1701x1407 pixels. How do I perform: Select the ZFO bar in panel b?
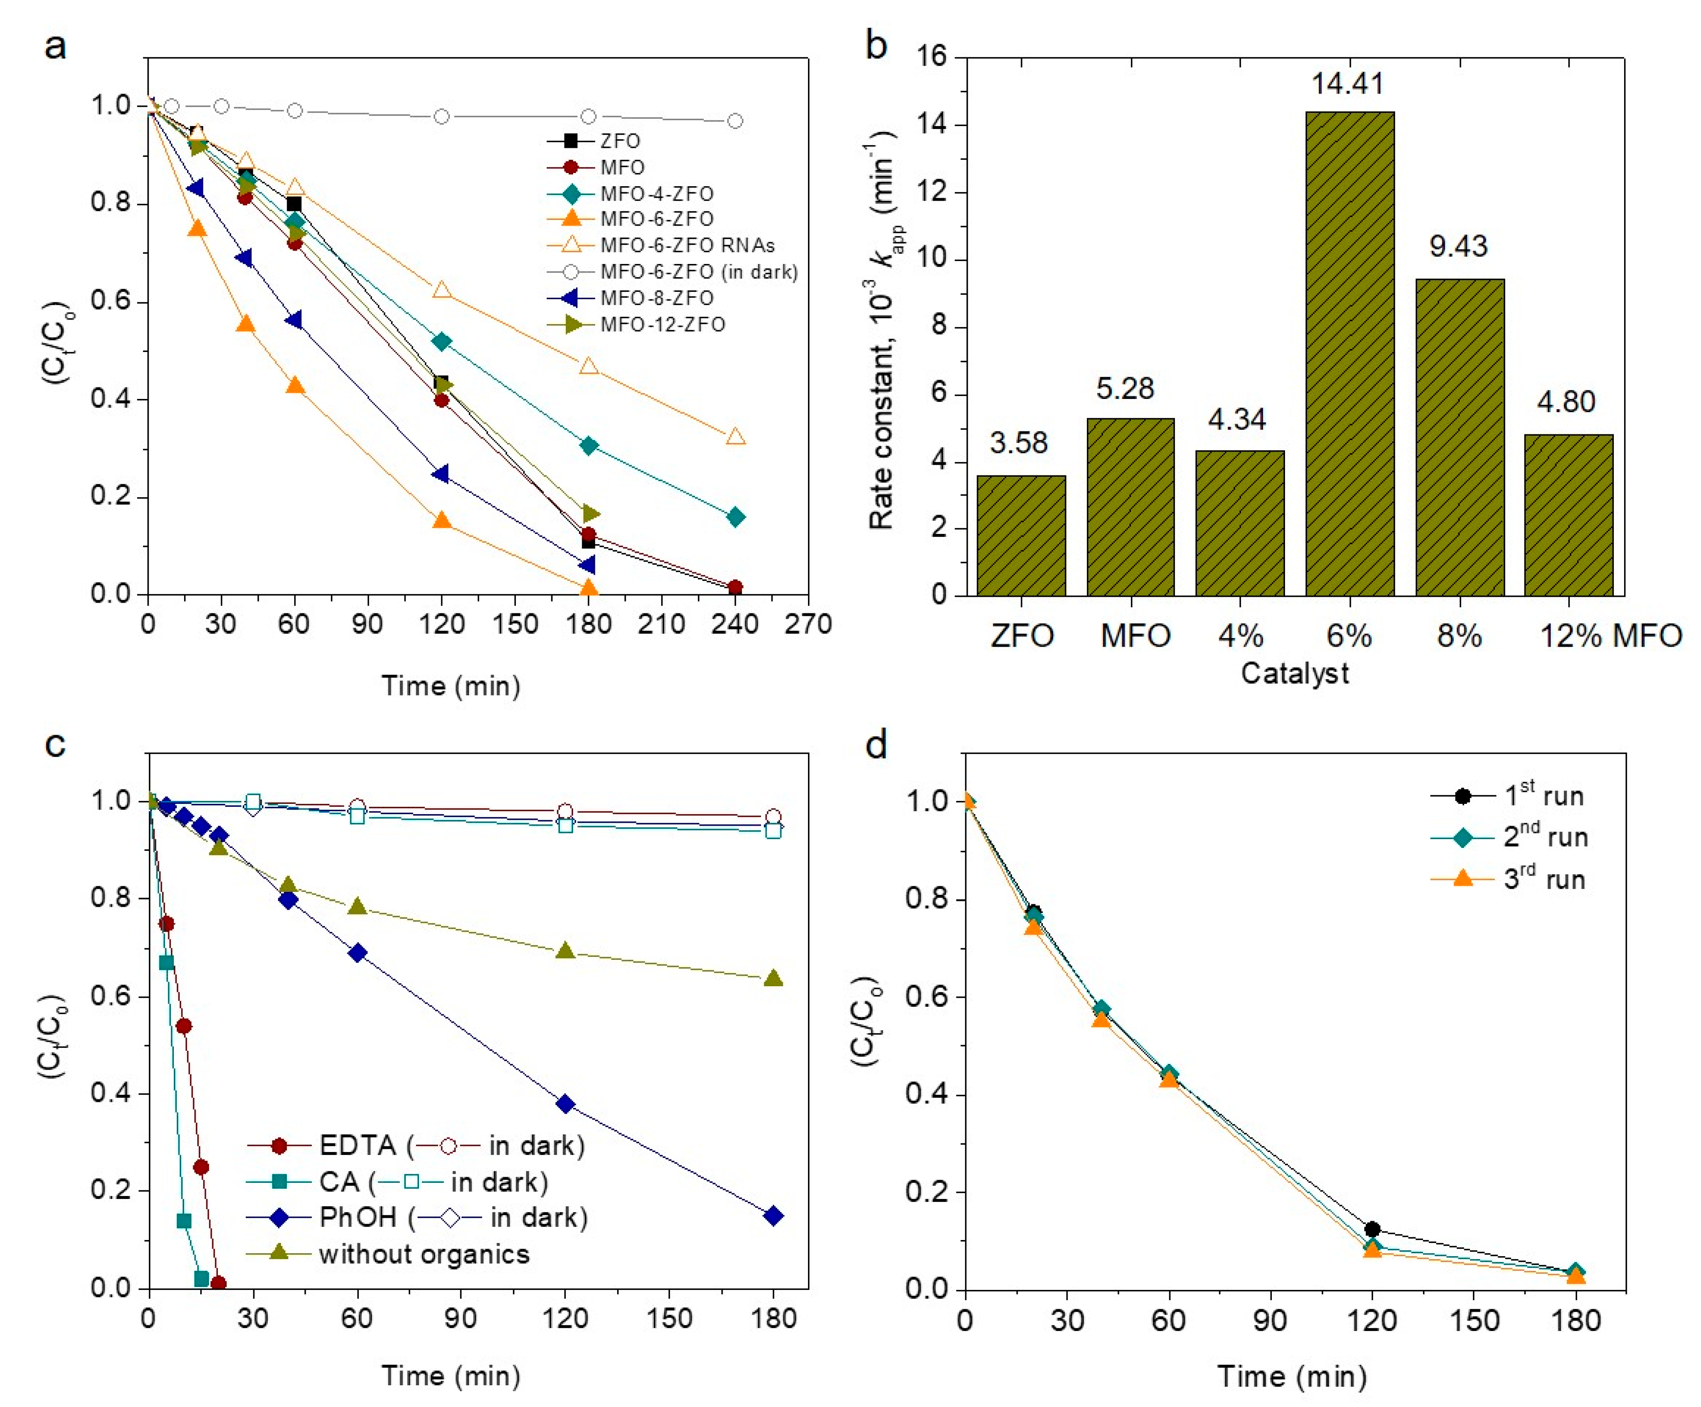pyautogui.click(x=1021, y=536)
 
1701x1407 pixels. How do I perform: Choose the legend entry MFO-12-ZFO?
pyautogui.click(x=662, y=325)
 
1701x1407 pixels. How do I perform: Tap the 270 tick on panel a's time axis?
pyautogui.click(x=808, y=624)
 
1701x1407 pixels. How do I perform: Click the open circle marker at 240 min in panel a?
pyautogui.click(x=735, y=121)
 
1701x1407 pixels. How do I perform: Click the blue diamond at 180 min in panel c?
pyautogui.click(x=773, y=1216)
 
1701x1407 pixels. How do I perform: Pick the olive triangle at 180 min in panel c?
pyautogui.click(x=773, y=979)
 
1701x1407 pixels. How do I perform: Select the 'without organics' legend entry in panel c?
pyautogui.click(x=423, y=1255)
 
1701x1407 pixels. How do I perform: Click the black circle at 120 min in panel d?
pyautogui.click(x=1371, y=1229)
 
